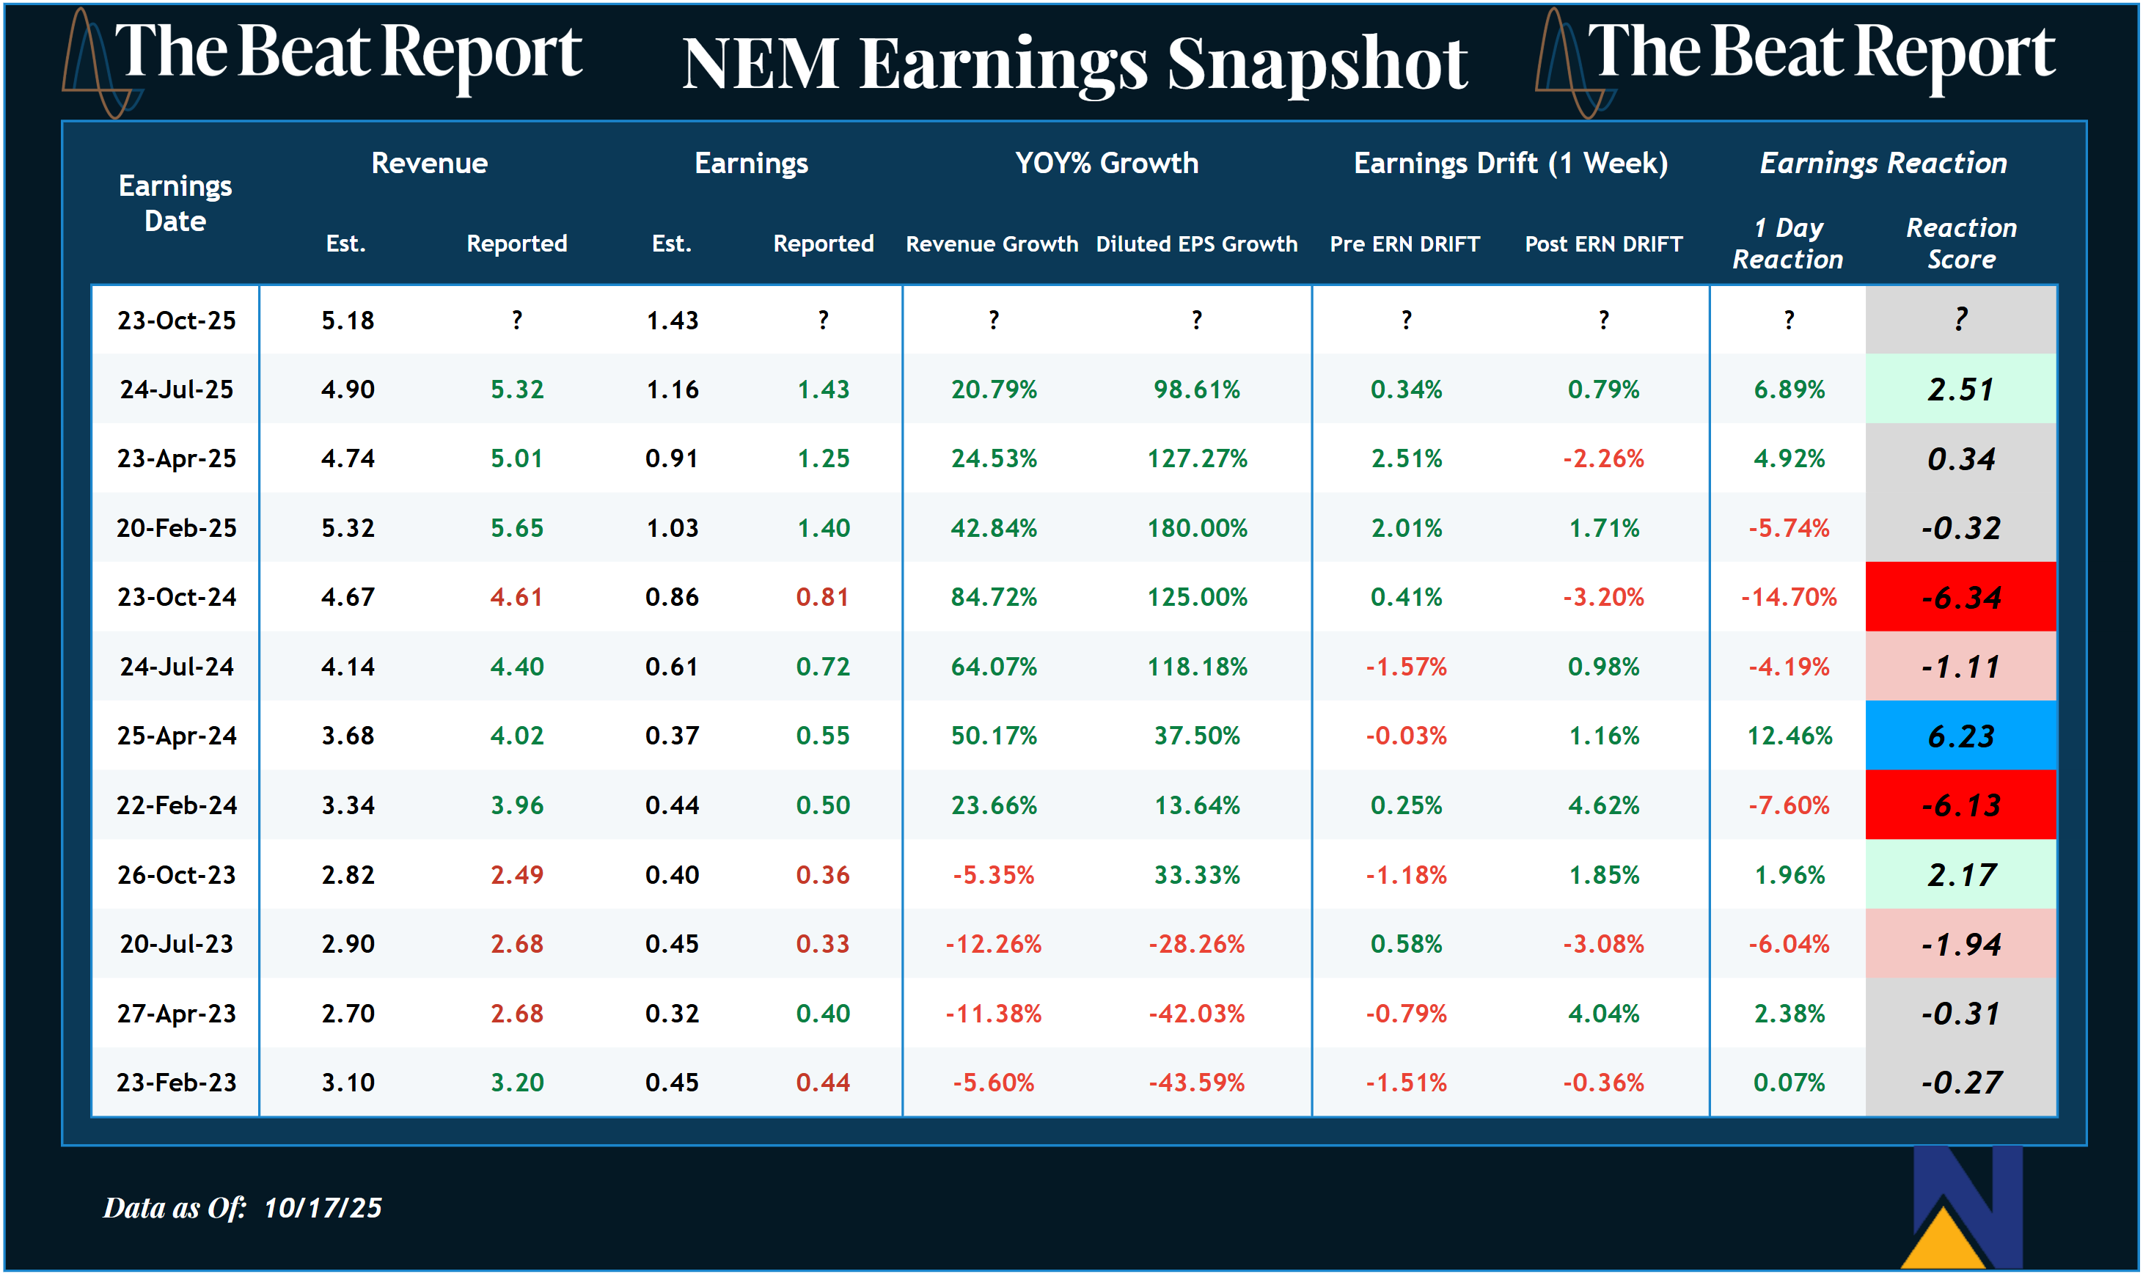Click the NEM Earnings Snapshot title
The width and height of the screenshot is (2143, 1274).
click(1074, 65)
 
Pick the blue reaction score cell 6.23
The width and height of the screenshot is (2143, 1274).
click(1960, 736)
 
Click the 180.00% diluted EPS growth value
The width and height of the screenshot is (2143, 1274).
click(1196, 528)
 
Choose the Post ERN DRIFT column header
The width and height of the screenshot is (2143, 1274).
click(1602, 244)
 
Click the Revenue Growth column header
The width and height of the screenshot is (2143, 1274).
click(992, 244)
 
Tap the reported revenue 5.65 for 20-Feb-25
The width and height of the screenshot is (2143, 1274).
click(516, 528)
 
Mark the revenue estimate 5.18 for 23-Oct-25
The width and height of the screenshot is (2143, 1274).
click(347, 321)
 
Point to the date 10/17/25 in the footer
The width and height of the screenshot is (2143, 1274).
click(322, 1208)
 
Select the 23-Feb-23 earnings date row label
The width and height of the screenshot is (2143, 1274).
click(176, 1083)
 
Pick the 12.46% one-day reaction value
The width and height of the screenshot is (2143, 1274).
click(1789, 736)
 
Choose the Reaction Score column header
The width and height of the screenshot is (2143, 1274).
click(1960, 243)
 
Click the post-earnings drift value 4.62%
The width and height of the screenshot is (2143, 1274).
click(1602, 805)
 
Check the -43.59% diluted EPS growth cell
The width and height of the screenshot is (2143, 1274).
click(1196, 1083)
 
